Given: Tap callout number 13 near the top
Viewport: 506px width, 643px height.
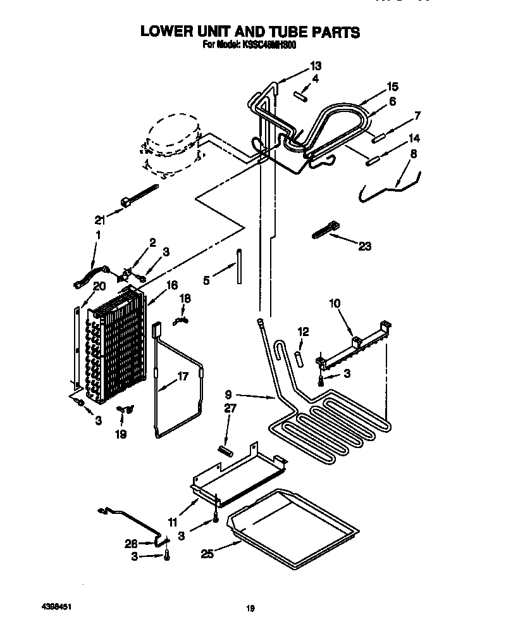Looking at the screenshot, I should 315,66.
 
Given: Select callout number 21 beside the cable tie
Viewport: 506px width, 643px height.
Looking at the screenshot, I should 99,220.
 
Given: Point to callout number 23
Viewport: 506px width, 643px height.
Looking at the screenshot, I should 364,246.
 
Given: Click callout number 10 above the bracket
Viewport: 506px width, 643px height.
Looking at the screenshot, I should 334,304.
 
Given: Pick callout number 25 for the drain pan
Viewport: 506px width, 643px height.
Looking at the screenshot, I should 207,554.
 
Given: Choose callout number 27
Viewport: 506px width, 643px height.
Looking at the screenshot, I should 230,409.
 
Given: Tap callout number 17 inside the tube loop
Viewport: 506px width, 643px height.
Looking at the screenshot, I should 182,376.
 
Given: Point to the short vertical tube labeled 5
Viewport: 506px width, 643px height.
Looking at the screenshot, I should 240,267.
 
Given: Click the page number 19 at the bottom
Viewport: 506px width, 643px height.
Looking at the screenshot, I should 250,609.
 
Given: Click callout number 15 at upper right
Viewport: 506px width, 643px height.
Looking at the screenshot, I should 393,86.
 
